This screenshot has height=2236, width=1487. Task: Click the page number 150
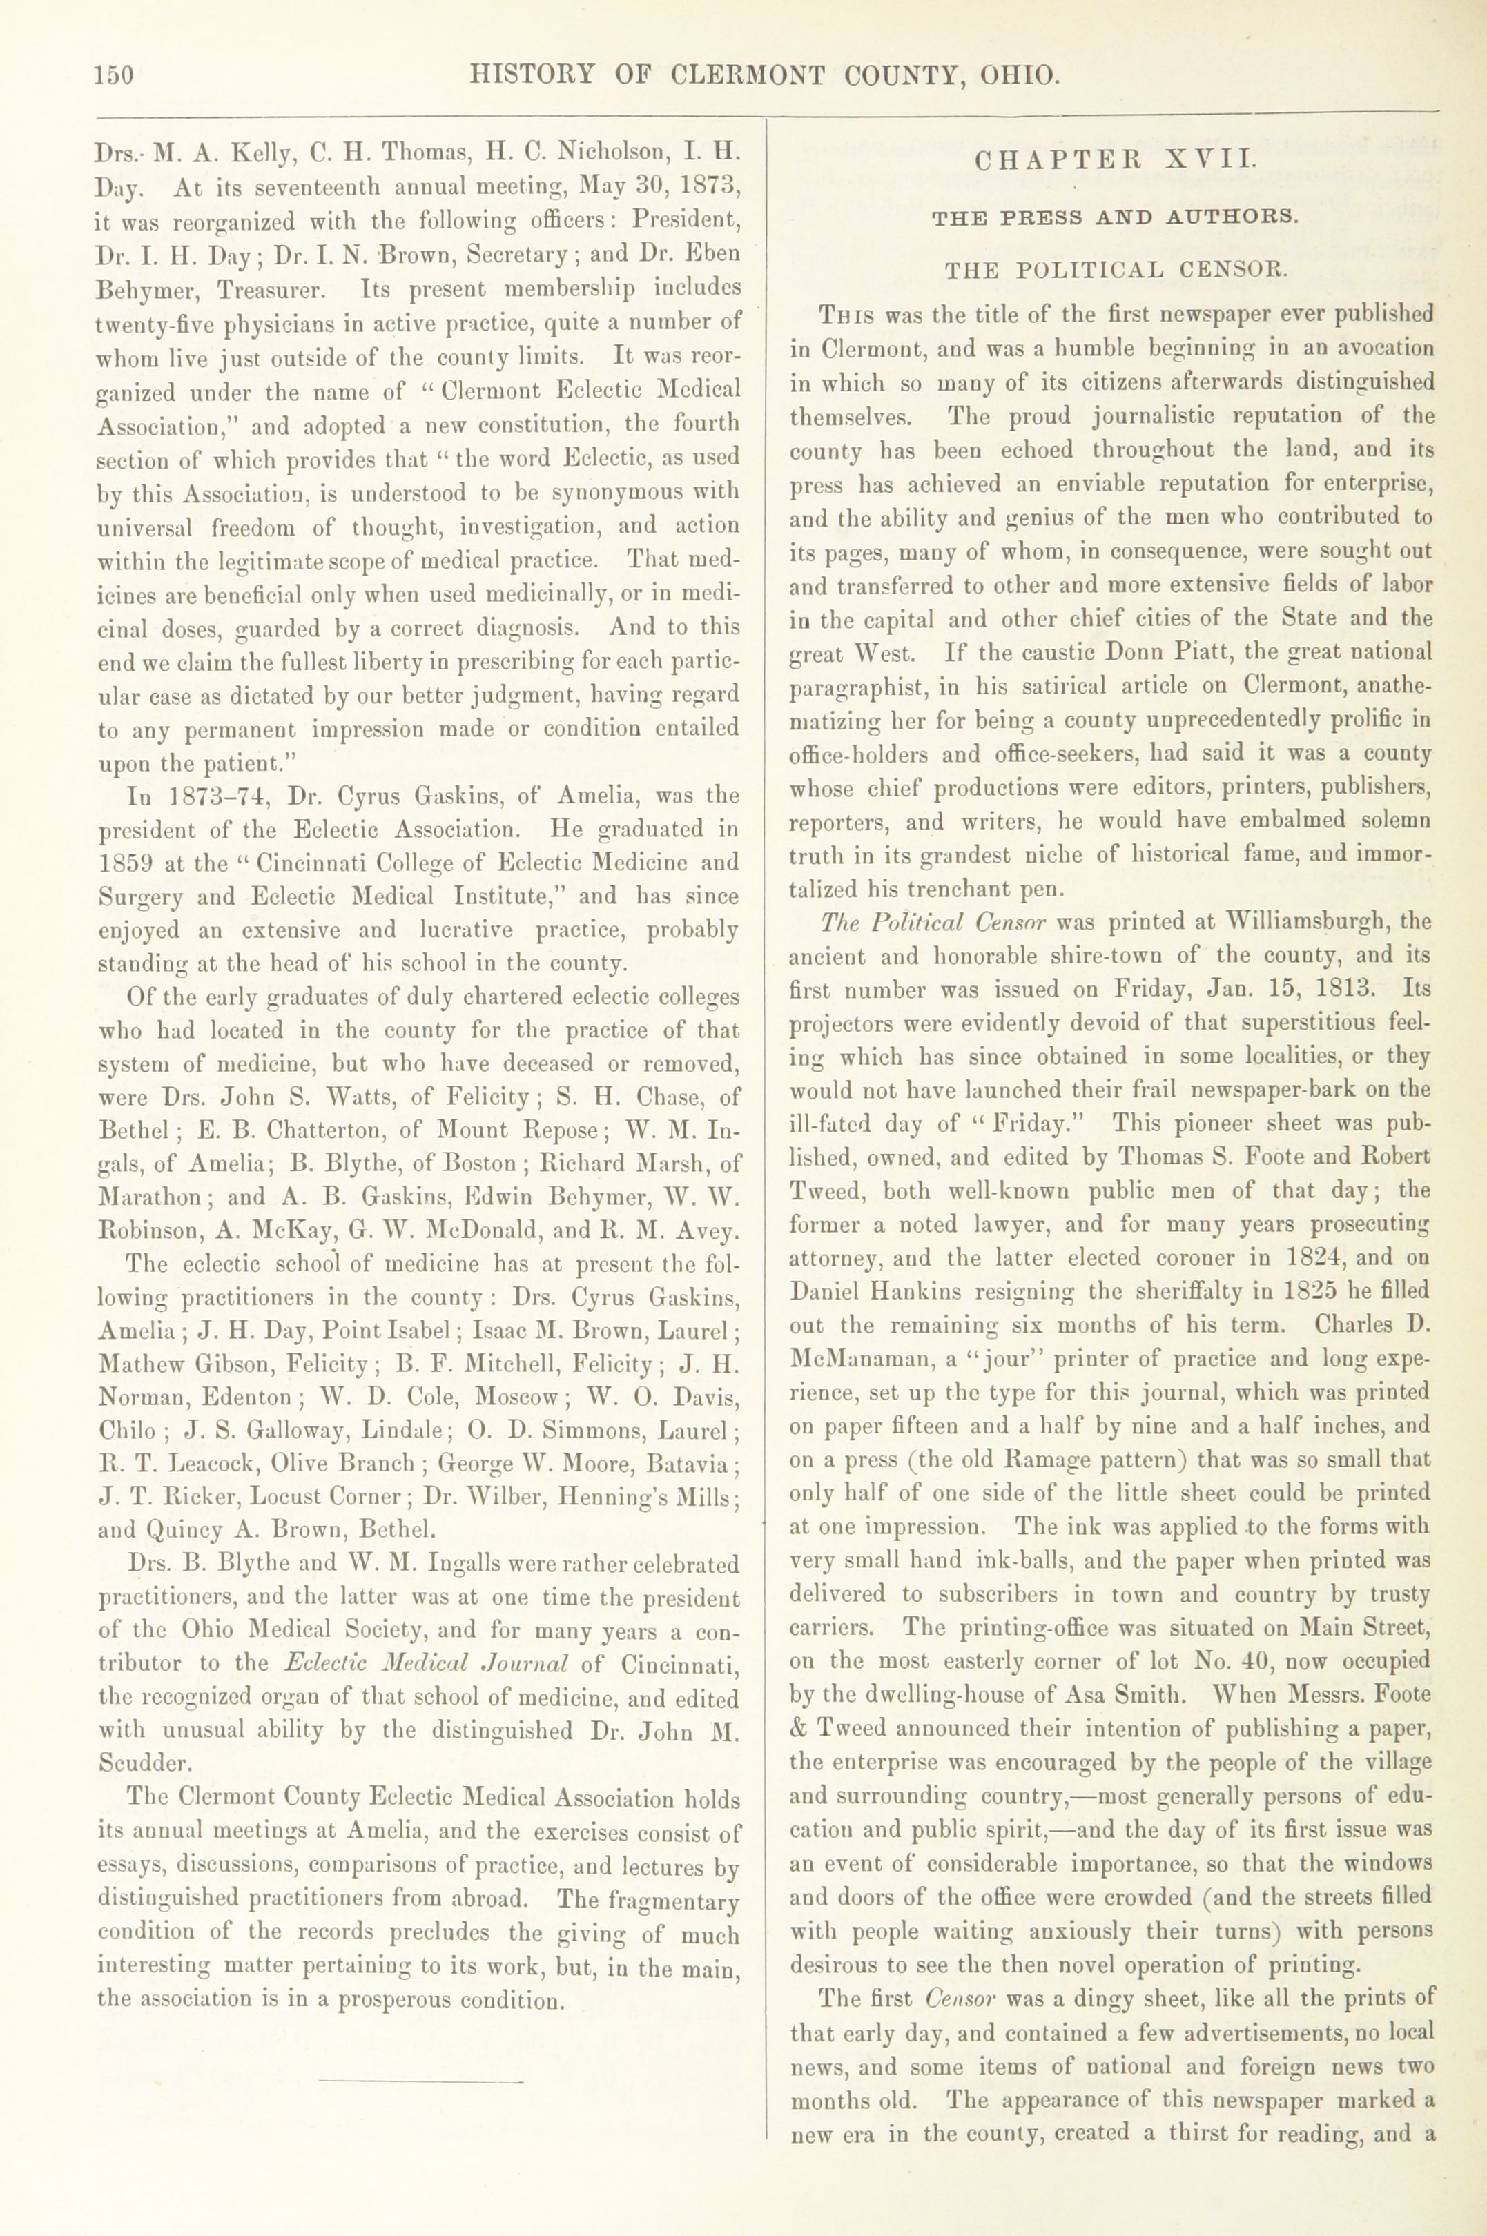(114, 75)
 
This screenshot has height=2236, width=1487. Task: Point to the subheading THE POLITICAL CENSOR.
(1116, 269)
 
